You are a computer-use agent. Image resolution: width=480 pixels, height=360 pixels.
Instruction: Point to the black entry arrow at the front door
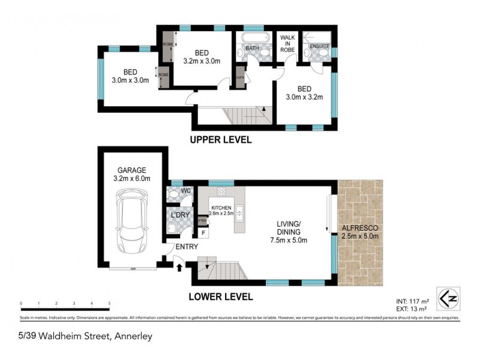(179, 268)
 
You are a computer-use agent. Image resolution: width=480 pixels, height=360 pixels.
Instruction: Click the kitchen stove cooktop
(220, 193)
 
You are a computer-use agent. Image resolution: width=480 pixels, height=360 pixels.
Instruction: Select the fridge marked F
(203, 233)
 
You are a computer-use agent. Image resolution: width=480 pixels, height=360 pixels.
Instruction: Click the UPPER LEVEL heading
(220, 140)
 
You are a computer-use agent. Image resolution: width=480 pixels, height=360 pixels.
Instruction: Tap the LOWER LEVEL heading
(220, 296)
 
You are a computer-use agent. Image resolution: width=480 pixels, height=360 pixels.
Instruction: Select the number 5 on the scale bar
(109, 304)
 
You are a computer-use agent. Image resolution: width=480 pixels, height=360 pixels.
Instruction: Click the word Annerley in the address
(133, 336)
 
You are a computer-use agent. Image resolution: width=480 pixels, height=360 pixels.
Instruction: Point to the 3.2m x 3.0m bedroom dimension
(202, 60)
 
